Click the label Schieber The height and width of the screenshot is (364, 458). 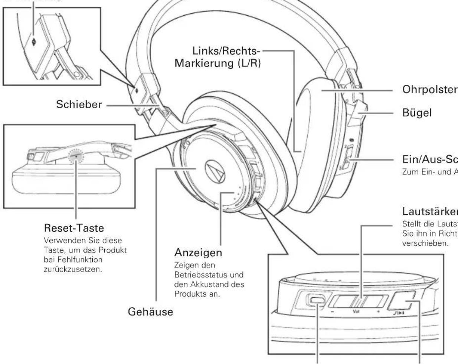tap(79, 105)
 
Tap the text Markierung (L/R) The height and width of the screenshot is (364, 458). tap(218, 63)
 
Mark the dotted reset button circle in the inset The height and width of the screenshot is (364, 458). tap(76, 157)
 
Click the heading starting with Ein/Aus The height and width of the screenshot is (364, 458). tap(430, 160)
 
